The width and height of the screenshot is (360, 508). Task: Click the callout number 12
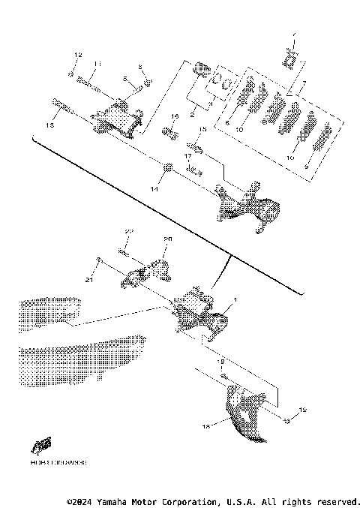coord(76,56)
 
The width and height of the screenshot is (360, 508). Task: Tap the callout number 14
coord(155,191)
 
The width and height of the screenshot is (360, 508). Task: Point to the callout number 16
coord(173,117)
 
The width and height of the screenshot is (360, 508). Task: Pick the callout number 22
coord(128,231)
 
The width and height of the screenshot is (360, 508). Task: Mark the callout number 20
coord(168,239)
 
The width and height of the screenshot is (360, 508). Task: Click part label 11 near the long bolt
coord(97,64)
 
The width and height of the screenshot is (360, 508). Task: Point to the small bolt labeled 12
coord(70,74)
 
